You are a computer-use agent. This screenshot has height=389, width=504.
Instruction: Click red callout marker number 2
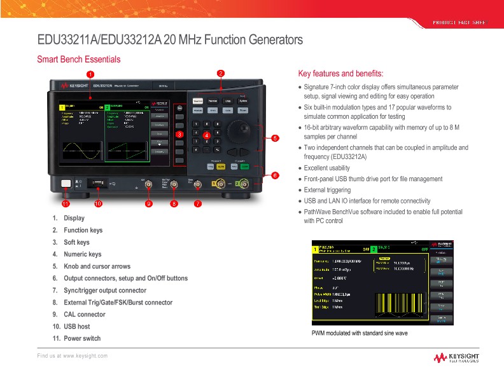(221, 73)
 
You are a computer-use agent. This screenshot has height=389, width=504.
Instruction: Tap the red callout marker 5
(275, 138)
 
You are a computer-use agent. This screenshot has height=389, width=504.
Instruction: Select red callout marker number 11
(66, 204)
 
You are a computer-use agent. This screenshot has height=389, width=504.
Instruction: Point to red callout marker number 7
(197, 204)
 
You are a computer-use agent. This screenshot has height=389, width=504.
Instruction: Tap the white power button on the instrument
(66, 184)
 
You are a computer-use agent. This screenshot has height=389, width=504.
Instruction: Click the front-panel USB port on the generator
(99, 184)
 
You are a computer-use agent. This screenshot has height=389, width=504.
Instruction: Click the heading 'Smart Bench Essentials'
(80, 59)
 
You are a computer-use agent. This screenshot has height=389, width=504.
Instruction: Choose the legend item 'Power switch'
(82, 338)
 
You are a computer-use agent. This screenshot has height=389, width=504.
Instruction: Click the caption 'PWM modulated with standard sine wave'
(360, 333)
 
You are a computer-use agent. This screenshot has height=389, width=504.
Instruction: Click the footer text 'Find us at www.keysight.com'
(72, 355)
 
